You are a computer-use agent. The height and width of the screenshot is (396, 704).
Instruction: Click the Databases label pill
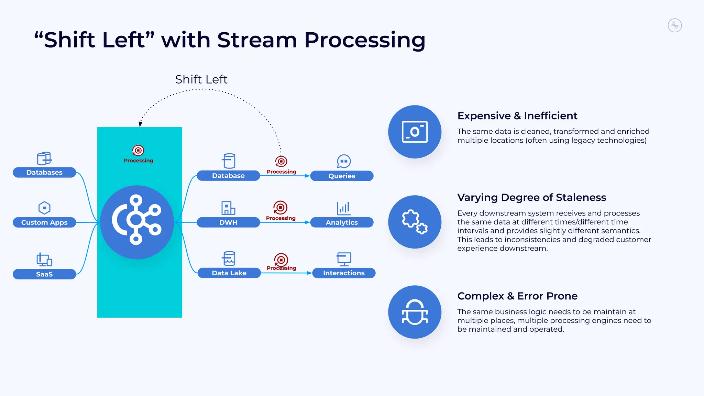(44, 173)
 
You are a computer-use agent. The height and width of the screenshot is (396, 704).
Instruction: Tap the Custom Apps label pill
(44, 222)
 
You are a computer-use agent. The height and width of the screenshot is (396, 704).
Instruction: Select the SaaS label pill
(44, 274)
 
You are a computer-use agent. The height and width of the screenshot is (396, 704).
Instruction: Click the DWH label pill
(228, 222)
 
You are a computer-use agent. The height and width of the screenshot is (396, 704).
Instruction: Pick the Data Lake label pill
(229, 273)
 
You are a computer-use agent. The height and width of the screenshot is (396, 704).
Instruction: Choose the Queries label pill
(342, 176)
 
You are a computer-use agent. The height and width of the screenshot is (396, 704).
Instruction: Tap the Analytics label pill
(342, 222)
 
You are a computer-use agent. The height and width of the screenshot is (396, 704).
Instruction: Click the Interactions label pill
(344, 273)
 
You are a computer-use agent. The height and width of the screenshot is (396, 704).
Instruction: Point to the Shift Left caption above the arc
(201, 79)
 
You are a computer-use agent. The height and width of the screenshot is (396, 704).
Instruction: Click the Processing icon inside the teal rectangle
(138, 151)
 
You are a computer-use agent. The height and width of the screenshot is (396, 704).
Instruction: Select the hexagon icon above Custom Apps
(44, 208)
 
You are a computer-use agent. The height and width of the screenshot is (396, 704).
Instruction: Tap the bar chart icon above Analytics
(343, 208)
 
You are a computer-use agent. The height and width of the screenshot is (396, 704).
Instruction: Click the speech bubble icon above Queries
(344, 161)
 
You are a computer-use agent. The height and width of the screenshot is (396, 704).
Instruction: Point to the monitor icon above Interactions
(344, 259)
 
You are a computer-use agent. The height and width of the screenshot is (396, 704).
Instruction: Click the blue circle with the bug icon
(415, 312)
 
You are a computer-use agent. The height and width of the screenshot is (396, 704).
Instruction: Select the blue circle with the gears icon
(415, 222)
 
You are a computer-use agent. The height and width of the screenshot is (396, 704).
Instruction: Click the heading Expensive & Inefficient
(517, 116)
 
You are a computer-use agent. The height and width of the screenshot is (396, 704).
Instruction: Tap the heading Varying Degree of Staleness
(531, 198)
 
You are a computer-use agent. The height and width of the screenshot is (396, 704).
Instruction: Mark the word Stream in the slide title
(257, 40)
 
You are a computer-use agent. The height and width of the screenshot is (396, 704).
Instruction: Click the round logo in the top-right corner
(675, 25)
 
